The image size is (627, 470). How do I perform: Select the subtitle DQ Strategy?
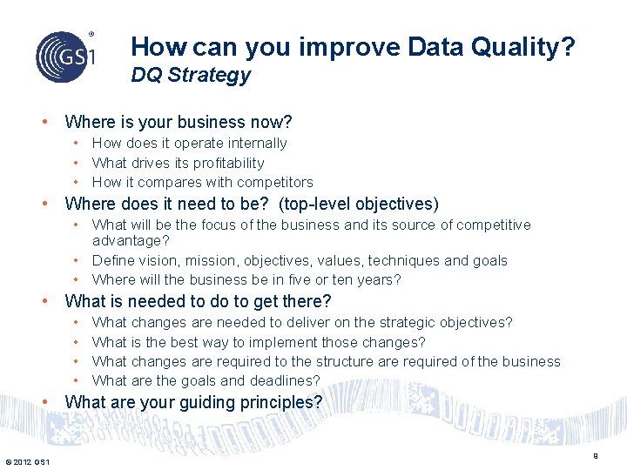coord(191,75)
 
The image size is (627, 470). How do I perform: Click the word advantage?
coord(131,240)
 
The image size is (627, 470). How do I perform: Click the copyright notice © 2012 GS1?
coord(27,461)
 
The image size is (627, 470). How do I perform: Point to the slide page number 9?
coord(596,455)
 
